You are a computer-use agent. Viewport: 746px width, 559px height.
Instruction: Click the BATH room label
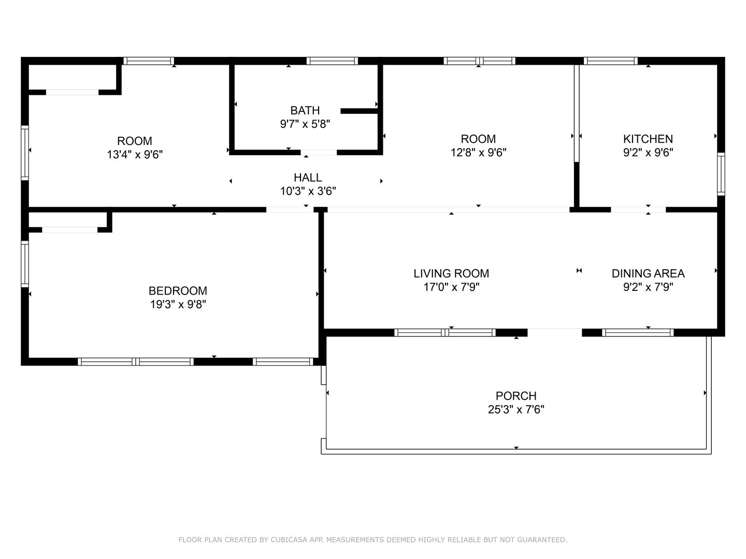(305, 110)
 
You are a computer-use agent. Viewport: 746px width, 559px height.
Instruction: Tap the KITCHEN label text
(648, 139)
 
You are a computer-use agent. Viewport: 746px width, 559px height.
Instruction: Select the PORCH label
(516, 396)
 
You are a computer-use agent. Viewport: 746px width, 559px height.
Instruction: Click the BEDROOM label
(178, 290)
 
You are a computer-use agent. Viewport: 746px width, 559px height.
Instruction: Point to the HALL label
(308, 178)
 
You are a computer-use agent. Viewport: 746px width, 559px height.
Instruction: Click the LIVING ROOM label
(451, 273)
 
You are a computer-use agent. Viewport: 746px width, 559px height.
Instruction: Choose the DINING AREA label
(648, 273)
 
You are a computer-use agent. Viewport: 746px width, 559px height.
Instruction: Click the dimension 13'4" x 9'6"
(135, 155)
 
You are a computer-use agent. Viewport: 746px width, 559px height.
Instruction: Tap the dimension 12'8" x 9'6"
(479, 153)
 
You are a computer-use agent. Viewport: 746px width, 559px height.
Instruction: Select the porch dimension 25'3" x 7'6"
(516, 409)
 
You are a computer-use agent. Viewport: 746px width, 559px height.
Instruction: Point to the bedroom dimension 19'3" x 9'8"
(178, 304)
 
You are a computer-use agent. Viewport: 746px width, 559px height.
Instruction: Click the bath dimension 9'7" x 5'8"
(305, 124)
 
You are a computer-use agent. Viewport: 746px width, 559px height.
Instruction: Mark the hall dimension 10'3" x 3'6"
(308, 192)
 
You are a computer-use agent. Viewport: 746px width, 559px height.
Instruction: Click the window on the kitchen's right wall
(721, 174)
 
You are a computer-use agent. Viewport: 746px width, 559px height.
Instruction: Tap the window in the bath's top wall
(332, 61)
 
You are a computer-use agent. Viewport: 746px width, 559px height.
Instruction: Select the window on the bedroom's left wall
(25, 264)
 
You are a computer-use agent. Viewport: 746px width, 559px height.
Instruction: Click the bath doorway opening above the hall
(319, 152)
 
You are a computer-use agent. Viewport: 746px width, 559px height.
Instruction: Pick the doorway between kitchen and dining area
(638, 210)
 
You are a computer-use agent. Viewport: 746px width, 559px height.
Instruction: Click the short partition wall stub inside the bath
(360, 111)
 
